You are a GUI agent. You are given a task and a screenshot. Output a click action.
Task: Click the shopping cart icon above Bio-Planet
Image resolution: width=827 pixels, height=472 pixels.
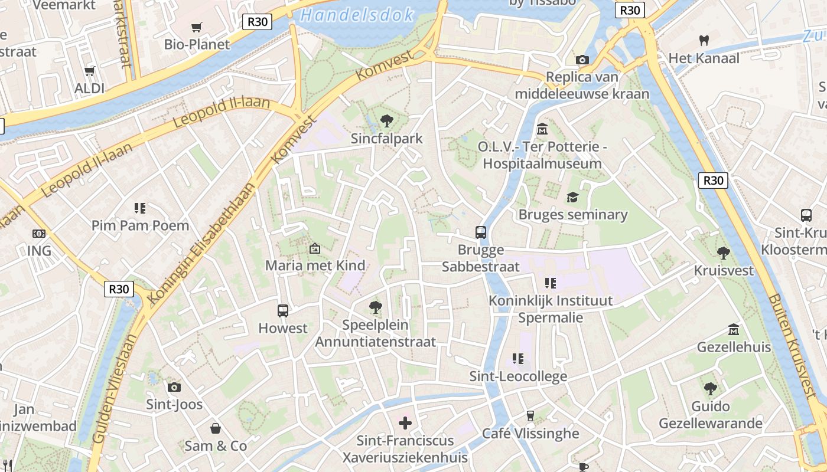(x=197, y=27)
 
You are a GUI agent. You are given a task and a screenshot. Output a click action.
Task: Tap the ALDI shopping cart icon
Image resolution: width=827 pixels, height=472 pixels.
(x=89, y=71)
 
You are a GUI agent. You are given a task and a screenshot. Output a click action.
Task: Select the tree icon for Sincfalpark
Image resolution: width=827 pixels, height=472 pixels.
(x=387, y=121)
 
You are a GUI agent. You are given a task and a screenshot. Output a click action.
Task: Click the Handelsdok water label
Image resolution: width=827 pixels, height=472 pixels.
(x=357, y=15)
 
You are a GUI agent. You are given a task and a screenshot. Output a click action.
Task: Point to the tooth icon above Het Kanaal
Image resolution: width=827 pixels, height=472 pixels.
(x=704, y=41)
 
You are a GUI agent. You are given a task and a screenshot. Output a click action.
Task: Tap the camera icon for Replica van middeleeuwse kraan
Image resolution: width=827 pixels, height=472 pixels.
(x=582, y=60)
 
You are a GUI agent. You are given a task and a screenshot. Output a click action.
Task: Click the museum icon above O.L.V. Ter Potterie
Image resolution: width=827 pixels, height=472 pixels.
(x=542, y=129)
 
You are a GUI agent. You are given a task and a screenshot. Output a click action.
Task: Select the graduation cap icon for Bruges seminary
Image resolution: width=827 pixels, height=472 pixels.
(x=572, y=197)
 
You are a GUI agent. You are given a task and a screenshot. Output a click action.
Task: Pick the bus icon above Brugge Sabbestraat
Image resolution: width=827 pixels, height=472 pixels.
(x=481, y=232)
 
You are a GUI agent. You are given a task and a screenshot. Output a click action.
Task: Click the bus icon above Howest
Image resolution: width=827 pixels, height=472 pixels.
(x=283, y=310)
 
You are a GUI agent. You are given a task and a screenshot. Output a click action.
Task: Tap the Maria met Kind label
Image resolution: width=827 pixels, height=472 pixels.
(x=315, y=265)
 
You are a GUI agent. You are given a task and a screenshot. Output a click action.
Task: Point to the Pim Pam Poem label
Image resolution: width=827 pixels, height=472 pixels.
(x=140, y=225)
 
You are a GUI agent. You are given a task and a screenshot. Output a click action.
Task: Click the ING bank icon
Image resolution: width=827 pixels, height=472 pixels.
(x=39, y=234)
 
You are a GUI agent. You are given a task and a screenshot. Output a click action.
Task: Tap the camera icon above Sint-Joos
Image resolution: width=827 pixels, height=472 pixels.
(x=174, y=387)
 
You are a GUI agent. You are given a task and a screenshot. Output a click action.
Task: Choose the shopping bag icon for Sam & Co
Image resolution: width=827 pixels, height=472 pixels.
(x=216, y=428)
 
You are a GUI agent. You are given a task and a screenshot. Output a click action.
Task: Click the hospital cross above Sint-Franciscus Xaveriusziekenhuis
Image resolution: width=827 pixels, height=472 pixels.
(x=405, y=423)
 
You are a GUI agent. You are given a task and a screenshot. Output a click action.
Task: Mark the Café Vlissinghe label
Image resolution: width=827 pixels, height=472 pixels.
(x=530, y=434)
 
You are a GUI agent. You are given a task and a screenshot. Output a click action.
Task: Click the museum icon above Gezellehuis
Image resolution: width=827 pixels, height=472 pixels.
(x=734, y=329)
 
